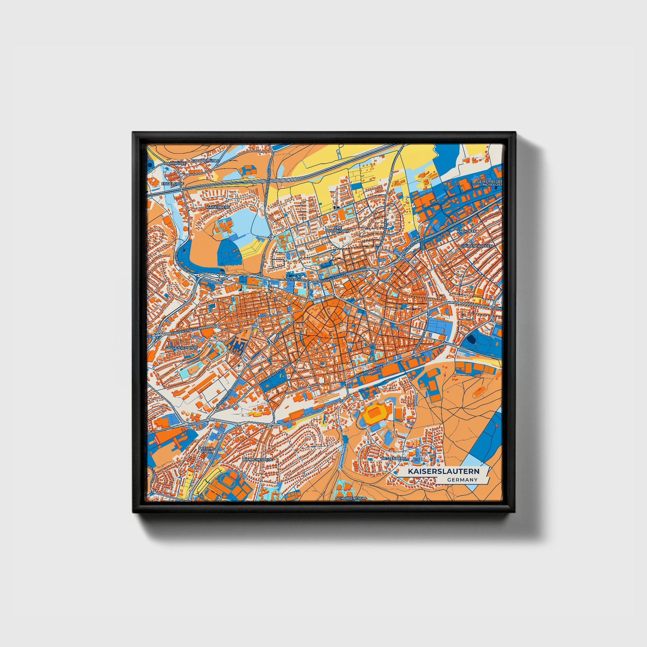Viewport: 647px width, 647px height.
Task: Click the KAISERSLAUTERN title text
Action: (x=443, y=471)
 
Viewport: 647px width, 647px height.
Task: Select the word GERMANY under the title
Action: (x=462, y=480)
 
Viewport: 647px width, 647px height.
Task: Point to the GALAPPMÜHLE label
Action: (x=205, y=161)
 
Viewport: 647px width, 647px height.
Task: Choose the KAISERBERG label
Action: (x=219, y=207)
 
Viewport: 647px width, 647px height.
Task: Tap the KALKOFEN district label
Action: (x=466, y=231)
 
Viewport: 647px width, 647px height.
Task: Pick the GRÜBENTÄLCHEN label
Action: (x=476, y=246)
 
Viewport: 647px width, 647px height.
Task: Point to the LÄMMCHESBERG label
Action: (x=258, y=460)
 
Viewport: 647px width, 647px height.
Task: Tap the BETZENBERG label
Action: (x=394, y=457)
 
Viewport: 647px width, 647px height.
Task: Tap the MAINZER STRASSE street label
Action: (x=413, y=248)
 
